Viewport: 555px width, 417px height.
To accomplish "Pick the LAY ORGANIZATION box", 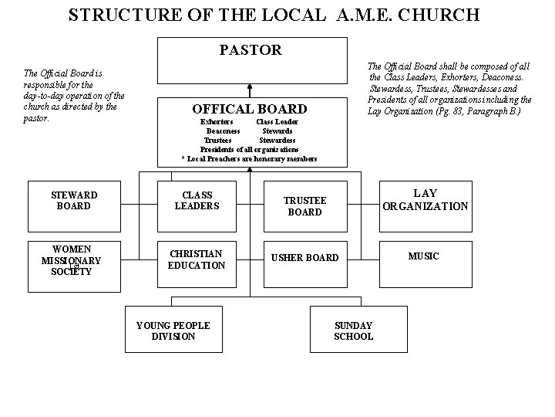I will [x=425, y=201].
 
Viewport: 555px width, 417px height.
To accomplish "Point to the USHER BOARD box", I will [x=307, y=257].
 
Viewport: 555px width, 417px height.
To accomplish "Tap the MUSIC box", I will [x=423, y=256].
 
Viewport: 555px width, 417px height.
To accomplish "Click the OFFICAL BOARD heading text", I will [x=249, y=110].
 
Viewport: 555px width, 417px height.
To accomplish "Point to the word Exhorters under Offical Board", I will [x=217, y=122].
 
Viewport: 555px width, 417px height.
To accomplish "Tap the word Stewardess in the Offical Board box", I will [x=276, y=141].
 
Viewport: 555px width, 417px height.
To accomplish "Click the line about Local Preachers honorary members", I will [x=249, y=158].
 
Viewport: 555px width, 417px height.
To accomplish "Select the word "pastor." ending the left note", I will [x=37, y=119].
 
